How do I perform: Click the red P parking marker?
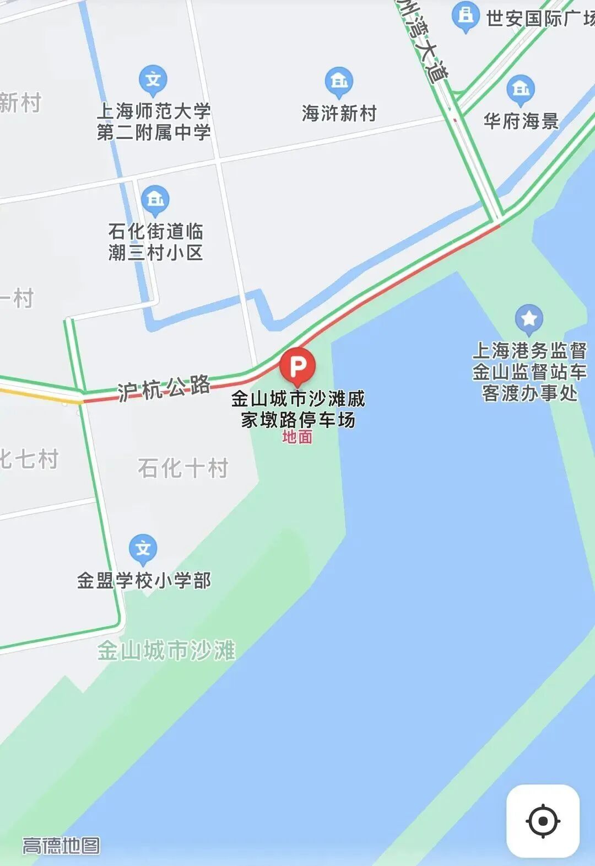point(297,366)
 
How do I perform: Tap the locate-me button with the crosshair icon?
point(543,821)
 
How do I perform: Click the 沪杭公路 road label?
point(164,388)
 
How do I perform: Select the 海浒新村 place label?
point(339,114)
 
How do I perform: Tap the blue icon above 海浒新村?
point(339,82)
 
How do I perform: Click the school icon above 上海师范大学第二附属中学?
point(153,80)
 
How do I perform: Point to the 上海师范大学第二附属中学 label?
point(154,121)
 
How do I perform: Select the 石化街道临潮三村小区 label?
point(155,242)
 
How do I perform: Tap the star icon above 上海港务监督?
point(529,319)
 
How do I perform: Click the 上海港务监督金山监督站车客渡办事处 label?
point(529,372)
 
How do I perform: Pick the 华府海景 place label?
point(521,121)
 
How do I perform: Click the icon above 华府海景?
point(520,89)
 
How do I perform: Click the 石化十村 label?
point(183,468)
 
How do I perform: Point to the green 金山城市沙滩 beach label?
point(166,650)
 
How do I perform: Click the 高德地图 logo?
point(61,846)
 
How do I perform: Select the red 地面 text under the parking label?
point(297,437)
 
